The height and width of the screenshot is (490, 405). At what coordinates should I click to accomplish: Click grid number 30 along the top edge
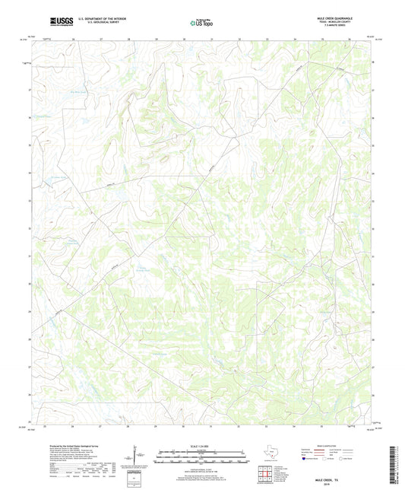tap(183, 37)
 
